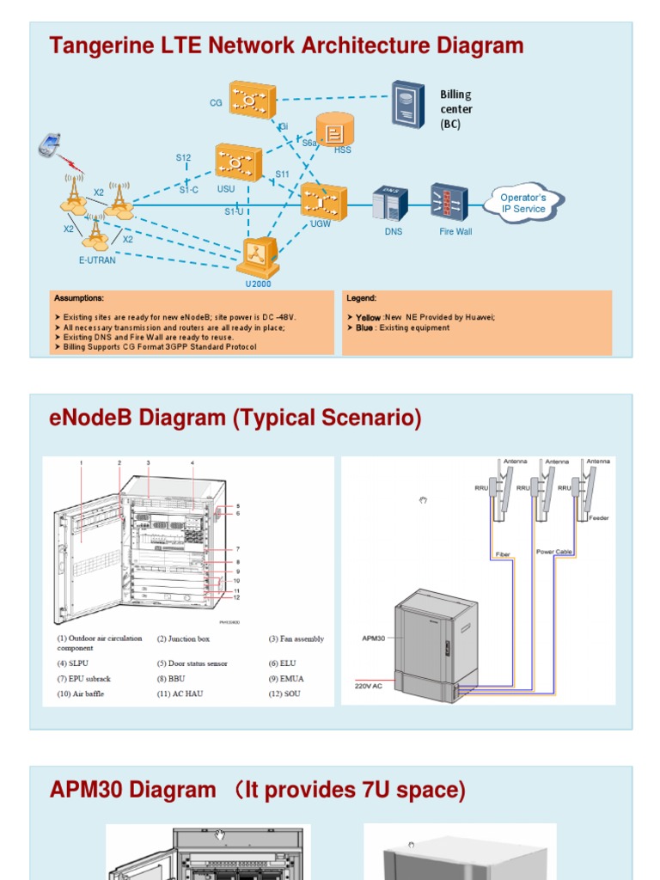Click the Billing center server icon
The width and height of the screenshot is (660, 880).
pos(408,105)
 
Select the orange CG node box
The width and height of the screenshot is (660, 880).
pos(252,100)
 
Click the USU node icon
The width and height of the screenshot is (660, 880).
pos(238,162)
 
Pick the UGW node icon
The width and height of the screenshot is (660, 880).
pos(324,202)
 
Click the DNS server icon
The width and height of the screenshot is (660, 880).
pos(390,205)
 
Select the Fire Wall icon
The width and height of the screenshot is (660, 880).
pos(449,203)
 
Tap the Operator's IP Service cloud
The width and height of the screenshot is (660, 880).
pos(523,204)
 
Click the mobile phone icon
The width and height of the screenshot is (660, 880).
pos(49,145)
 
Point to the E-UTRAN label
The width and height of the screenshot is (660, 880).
pos(96,260)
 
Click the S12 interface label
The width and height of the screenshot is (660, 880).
pos(184,158)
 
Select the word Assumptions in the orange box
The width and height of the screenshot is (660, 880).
pos(79,298)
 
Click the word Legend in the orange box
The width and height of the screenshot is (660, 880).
pos(361,298)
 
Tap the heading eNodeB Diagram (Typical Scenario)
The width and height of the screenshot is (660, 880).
pos(236,419)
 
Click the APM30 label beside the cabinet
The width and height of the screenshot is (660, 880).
pos(367,639)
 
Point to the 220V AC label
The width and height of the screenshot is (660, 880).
pos(370,686)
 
